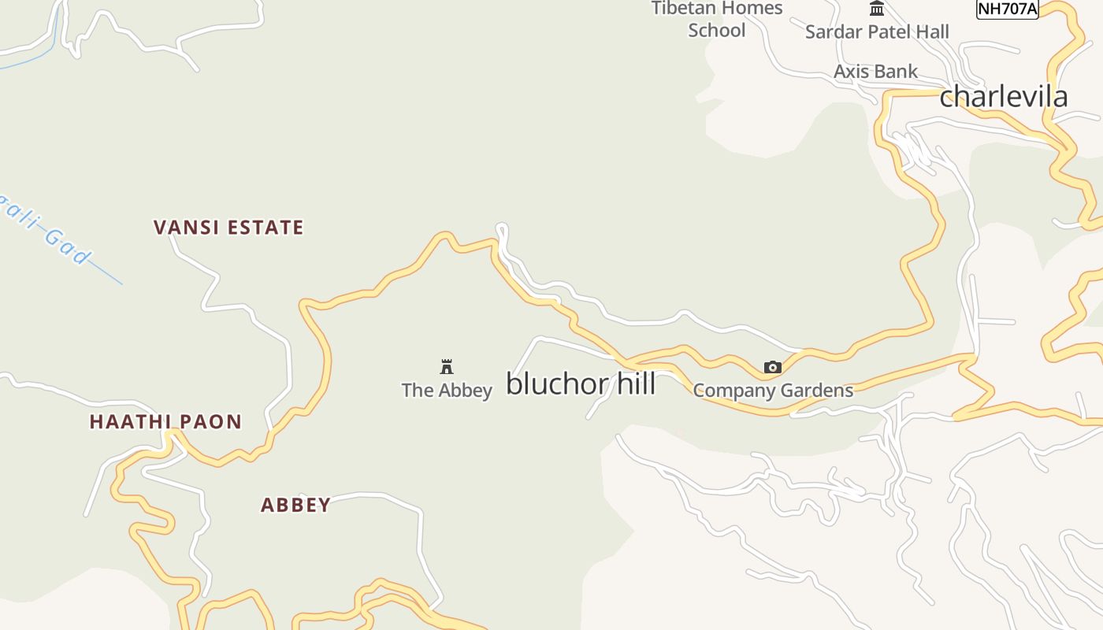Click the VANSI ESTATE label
pos(228,228)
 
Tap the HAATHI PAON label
pos(165,421)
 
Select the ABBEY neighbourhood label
pos(295,505)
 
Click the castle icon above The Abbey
pos(447,366)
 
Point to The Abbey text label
pos(447,390)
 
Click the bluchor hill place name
pos(581,384)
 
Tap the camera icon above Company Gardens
pos(772,367)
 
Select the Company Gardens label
pos(773,390)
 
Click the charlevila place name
pos(1004,97)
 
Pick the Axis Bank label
pos(875,72)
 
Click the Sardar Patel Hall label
pos(877,31)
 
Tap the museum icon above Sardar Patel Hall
pos(877,9)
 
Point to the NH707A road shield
pos(1007,9)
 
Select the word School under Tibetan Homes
pos(717,30)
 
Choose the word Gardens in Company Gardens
pos(815,390)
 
